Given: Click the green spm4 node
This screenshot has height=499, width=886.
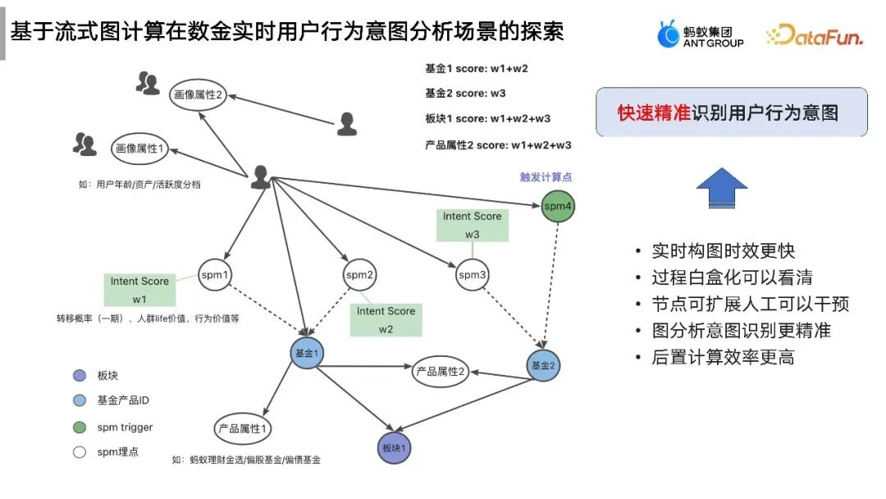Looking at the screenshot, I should tap(558, 206).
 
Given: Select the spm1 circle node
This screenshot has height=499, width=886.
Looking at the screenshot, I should tap(214, 275).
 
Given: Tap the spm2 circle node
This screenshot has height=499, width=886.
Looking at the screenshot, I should tap(359, 275).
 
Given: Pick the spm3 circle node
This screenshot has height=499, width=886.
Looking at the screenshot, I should tap(473, 275).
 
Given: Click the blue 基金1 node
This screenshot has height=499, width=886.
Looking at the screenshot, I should tap(306, 353).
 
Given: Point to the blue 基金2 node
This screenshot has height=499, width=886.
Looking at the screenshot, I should tap(543, 364).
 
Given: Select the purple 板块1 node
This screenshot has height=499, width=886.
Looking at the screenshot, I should tap(394, 448).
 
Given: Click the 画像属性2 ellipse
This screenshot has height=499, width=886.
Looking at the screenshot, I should tap(198, 95).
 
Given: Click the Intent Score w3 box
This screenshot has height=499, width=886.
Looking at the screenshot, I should tap(472, 225).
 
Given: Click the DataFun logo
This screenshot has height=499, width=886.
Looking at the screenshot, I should tap(814, 35).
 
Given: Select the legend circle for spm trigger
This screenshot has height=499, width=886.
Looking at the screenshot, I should tap(79, 427).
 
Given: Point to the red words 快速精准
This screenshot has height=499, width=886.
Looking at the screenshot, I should tap(654, 113).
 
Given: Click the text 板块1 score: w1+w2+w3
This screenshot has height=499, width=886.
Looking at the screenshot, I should tap(487, 118).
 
